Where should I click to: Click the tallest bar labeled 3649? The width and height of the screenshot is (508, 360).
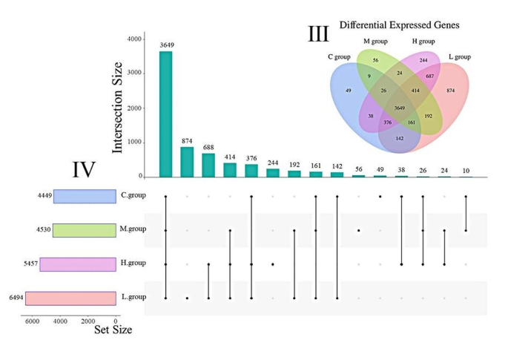point(165,114)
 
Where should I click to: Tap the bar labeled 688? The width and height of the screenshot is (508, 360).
point(208,166)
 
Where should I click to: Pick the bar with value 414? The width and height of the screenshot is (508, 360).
point(230,170)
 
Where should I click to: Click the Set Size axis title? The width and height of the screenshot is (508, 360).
point(113,330)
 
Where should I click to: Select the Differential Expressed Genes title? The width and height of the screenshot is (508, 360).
point(400,24)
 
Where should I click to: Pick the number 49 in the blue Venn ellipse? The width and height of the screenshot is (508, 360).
point(349,91)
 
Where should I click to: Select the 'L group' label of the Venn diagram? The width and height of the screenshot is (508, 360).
point(468,56)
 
